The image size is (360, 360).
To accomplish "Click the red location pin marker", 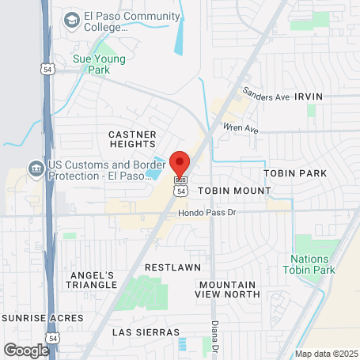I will point(180,163).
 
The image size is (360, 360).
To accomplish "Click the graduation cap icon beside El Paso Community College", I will point(71,17).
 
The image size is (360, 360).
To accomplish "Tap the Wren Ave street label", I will point(241,127).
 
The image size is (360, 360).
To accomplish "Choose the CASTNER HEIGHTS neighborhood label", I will point(132,139).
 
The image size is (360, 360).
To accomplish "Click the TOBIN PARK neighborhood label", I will point(295,172).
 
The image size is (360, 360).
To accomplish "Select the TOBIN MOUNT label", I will point(234,191).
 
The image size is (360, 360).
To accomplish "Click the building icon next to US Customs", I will point(36,168).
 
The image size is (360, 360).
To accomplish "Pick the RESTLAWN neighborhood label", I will point(173,267).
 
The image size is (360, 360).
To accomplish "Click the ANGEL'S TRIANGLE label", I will point(91,279).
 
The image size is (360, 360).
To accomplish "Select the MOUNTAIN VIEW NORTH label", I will point(228,289).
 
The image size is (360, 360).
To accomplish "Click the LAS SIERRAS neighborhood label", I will point(146,332).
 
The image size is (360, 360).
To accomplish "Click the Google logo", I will point(26,349).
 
